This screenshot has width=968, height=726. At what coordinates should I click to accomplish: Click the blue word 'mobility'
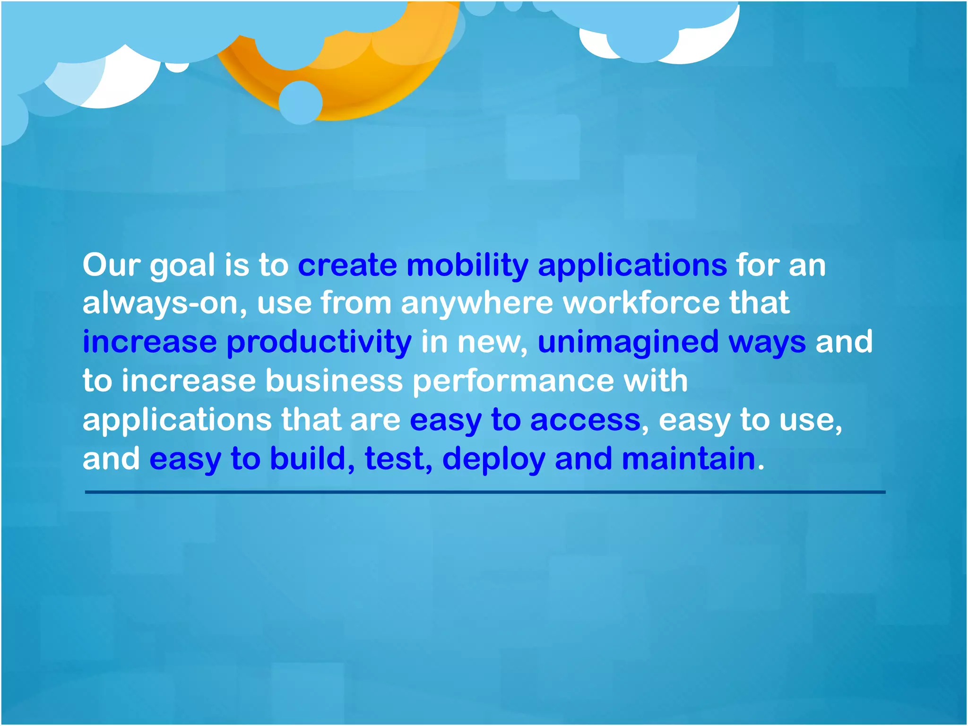coord(467,266)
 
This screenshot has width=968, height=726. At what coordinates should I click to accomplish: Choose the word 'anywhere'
coord(476,303)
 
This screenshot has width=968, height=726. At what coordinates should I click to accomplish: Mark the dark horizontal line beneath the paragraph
coord(484,492)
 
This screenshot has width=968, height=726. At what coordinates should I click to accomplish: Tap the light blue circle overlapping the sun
coord(301,103)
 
